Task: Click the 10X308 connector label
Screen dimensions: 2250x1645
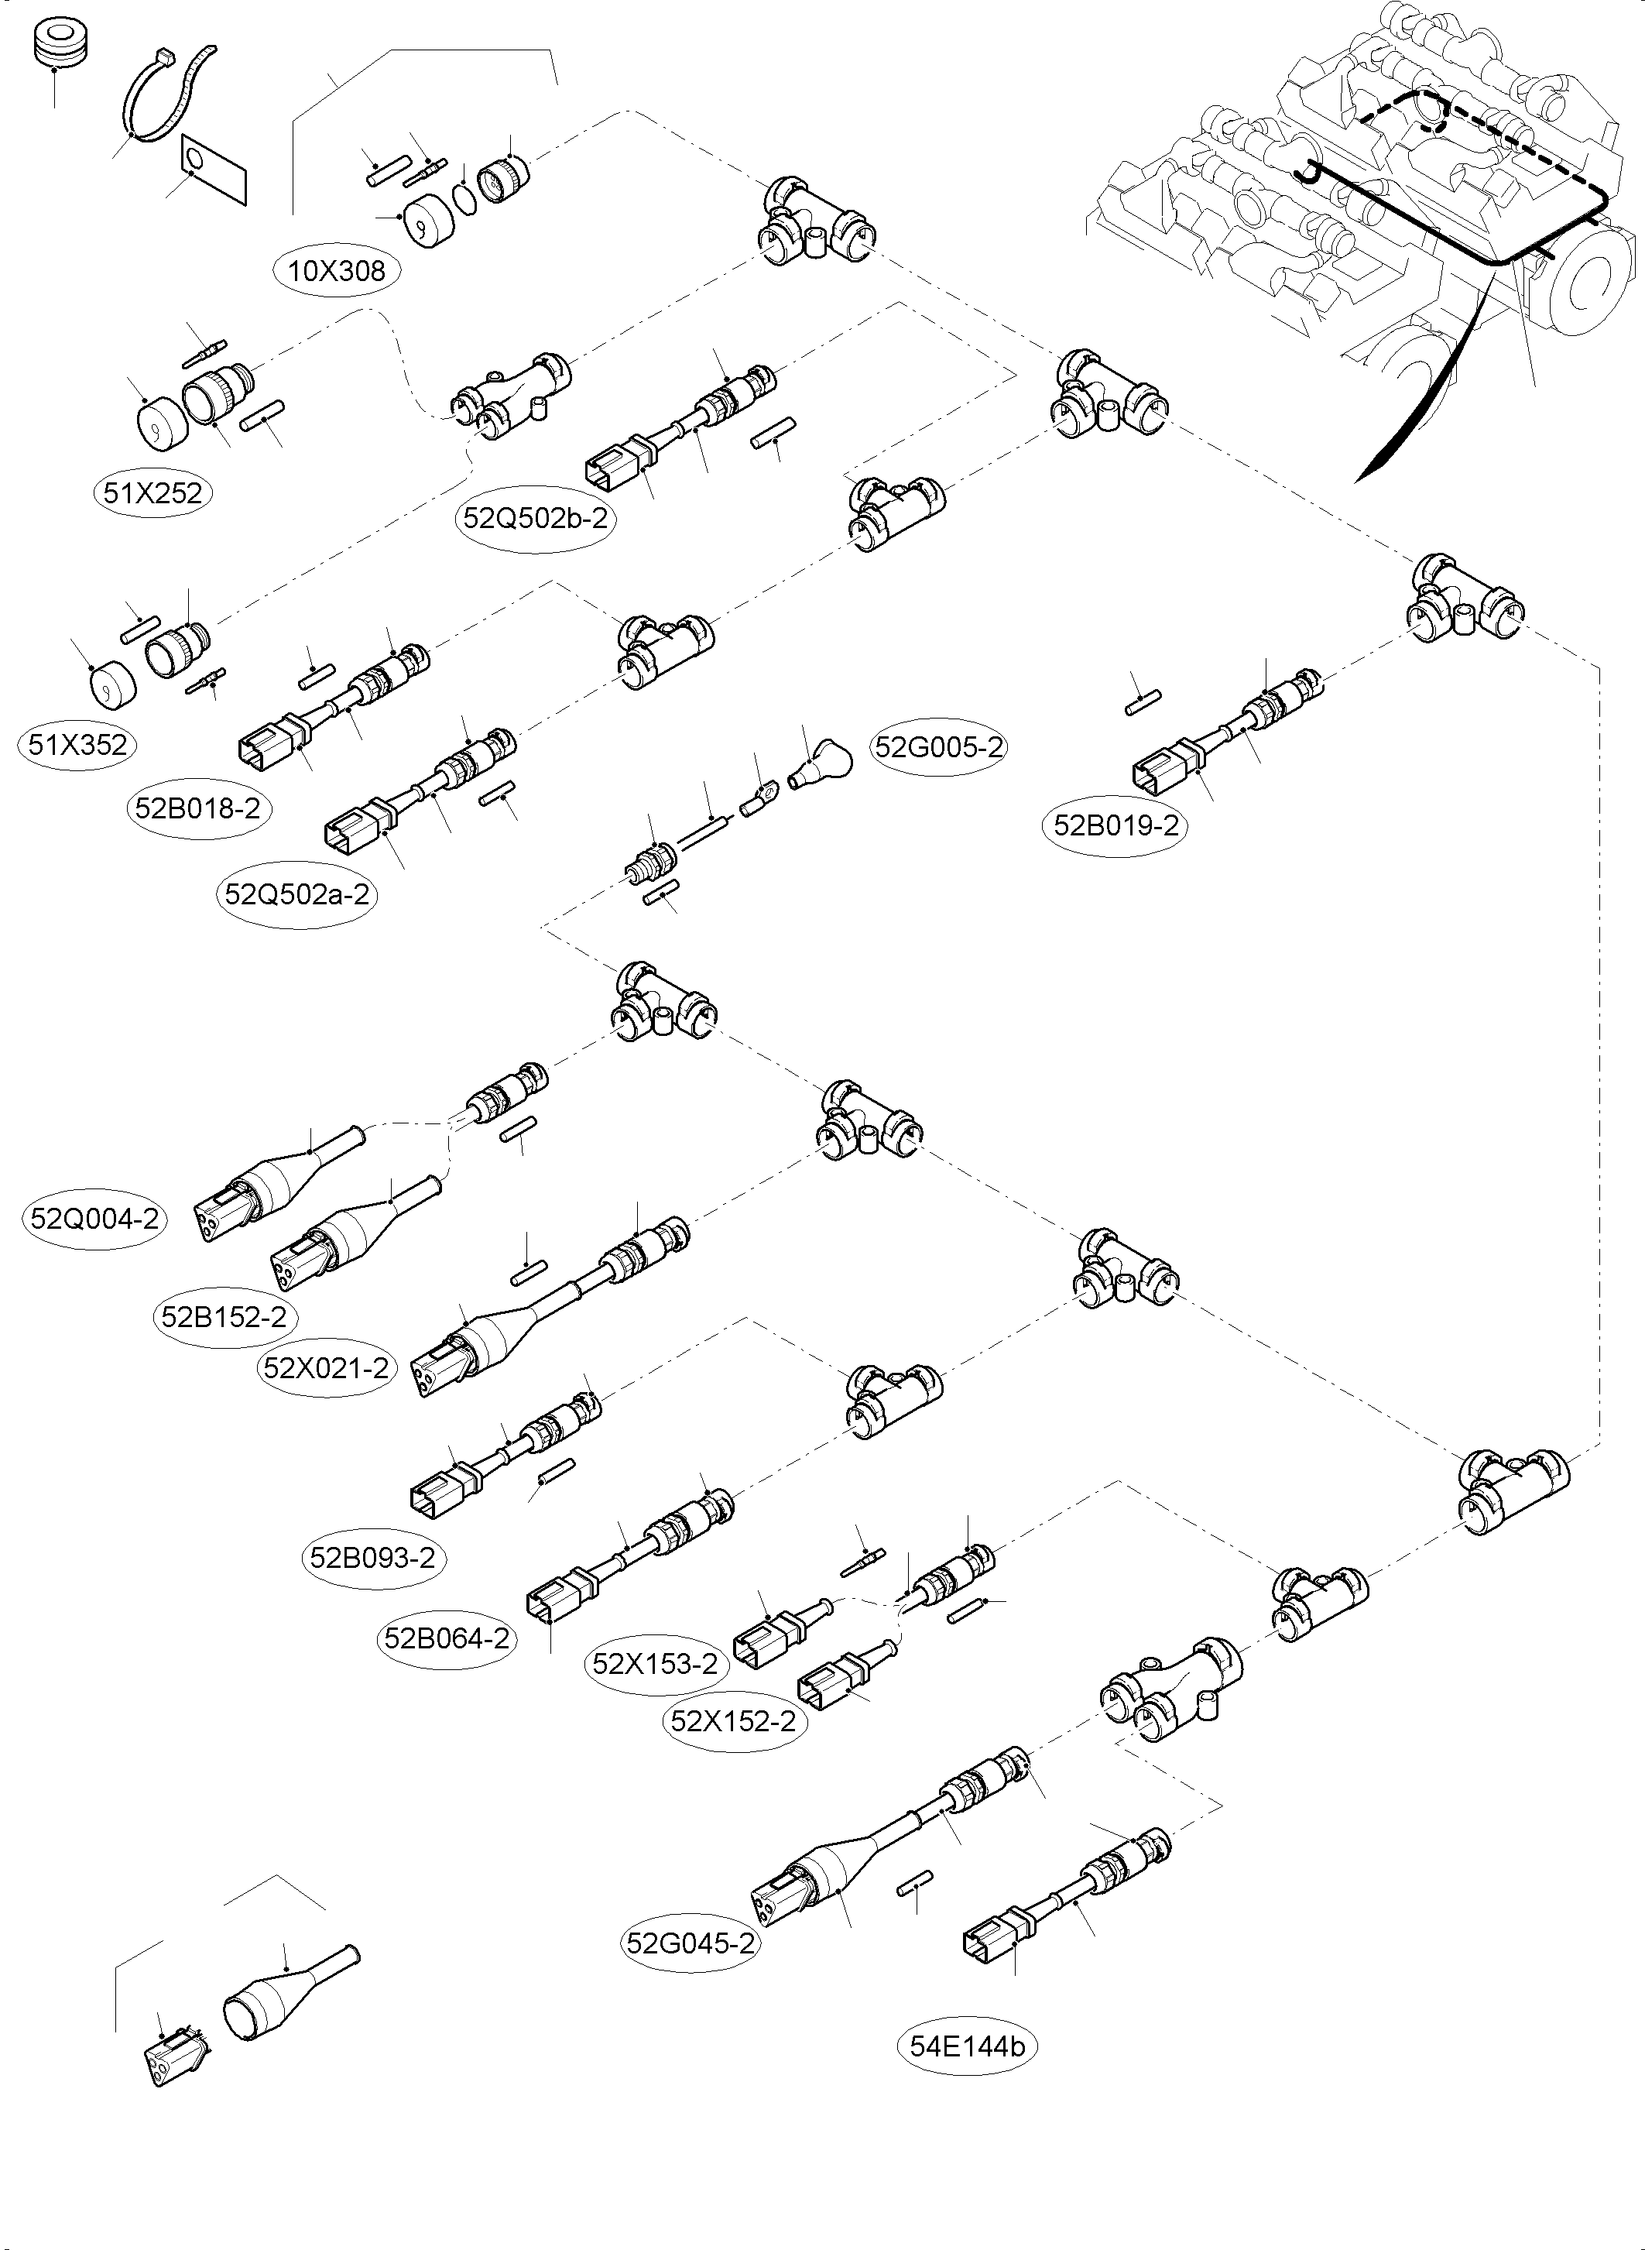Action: pos(337,270)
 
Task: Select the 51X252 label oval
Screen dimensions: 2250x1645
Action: pos(153,492)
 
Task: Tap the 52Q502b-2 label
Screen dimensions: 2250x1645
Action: pos(536,518)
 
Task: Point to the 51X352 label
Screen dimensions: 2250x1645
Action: pos(77,744)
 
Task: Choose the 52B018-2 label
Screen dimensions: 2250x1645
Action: pos(198,808)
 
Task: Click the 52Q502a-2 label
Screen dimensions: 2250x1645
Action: pos(296,893)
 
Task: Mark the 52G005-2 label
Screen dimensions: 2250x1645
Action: pos(938,746)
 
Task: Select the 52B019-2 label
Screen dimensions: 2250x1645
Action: pos(1116,825)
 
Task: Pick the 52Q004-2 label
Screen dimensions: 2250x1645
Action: pos(94,1218)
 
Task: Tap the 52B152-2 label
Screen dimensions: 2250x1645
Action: pos(224,1317)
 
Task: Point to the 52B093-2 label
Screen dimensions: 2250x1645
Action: pos(372,1557)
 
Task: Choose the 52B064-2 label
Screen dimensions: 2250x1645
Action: pos(447,1638)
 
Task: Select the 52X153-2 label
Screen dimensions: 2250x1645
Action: pos(654,1663)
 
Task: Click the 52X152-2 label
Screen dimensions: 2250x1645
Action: pos(733,1721)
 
